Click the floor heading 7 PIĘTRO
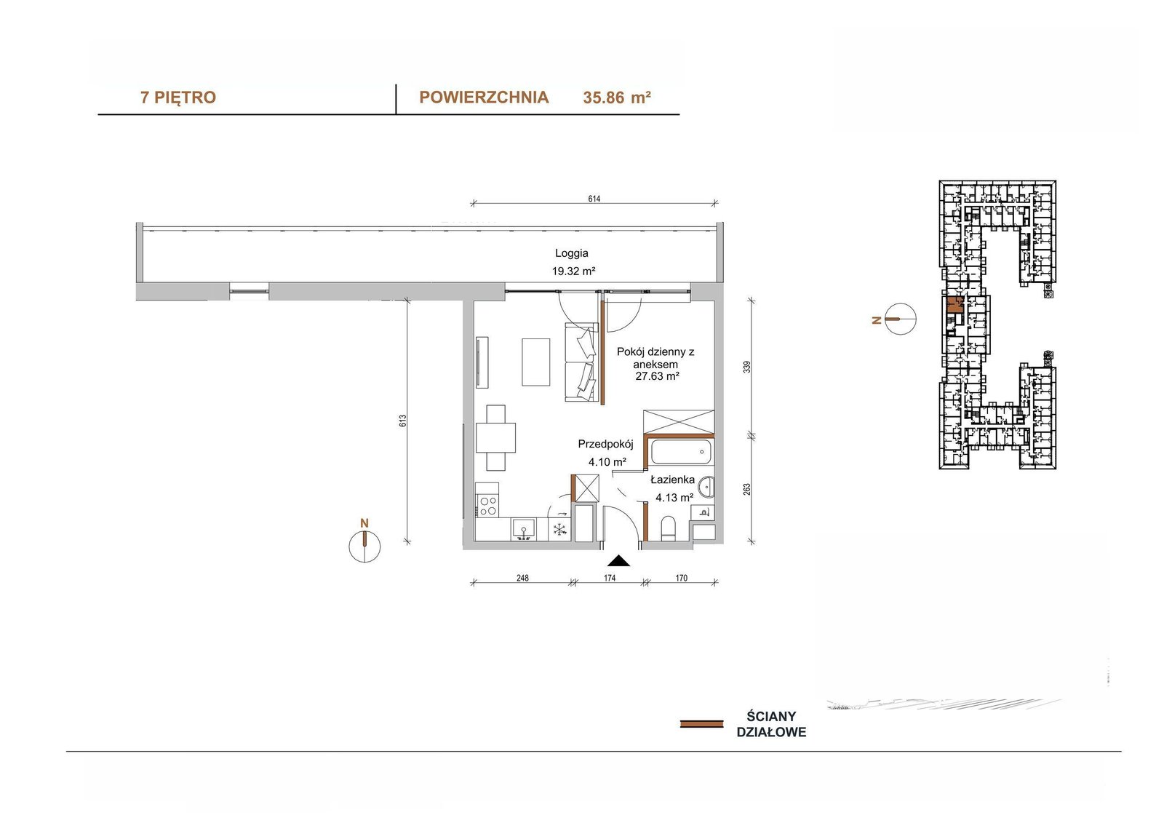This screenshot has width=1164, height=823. click(178, 98)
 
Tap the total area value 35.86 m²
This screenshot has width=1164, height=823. click(617, 98)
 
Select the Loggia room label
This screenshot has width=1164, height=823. click(572, 253)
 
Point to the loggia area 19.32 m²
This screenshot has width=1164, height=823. click(573, 271)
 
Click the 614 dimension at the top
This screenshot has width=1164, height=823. click(594, 199)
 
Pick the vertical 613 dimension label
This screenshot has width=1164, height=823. click(402, 421)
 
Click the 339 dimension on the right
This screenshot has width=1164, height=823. click(746, 367)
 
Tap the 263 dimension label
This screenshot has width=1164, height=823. click(746, 490)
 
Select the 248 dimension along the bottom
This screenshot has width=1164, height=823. click(522, 578)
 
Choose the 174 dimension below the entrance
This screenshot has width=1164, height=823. click(609, 578)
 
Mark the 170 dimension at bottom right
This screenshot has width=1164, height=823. click(681, 578)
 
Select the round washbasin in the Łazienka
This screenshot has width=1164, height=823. click(706, 488)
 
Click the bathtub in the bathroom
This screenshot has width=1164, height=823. click(679, 453)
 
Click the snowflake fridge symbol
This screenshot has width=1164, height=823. click(559, 530)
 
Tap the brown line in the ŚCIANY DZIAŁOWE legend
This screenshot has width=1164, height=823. click(701, 724)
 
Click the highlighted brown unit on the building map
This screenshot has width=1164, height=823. click(954, 306)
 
